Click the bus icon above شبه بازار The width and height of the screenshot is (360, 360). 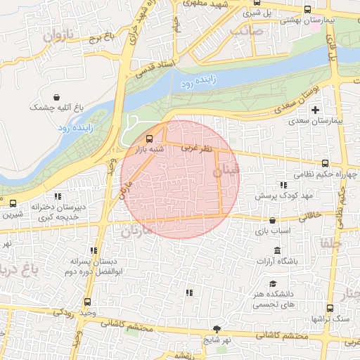(148, 138)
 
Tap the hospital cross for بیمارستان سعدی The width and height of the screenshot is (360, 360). (315, 110)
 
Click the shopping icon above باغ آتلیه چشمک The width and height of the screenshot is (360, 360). (56, 96)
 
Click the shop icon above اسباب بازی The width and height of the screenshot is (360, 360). (272, 220)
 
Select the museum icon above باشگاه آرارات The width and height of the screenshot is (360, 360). (277, 251)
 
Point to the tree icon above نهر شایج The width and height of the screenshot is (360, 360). (217, 329)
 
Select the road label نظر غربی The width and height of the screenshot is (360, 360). (196, 148)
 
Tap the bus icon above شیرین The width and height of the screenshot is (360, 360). (13, 204)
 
